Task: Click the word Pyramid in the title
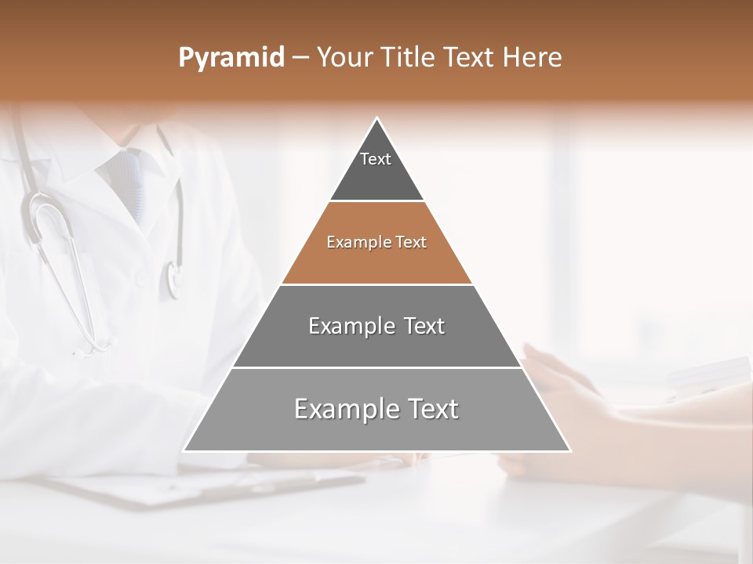[231, 57]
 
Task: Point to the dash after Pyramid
[300, 58]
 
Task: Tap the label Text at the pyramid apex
[376, 159]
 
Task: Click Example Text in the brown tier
[376, 242]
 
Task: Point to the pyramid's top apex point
[377, 118]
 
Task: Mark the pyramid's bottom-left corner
[184, 450]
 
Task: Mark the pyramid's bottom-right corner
[570, 450]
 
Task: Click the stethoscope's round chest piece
[173, 279]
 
